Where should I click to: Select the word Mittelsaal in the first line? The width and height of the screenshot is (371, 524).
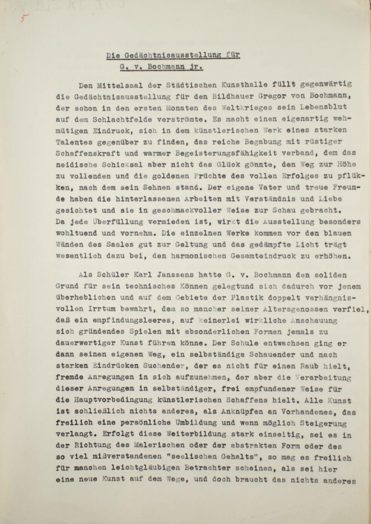(118, 85)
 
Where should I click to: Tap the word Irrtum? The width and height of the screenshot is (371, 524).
(101, 309)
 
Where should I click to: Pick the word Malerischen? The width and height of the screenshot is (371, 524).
(159, 446)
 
